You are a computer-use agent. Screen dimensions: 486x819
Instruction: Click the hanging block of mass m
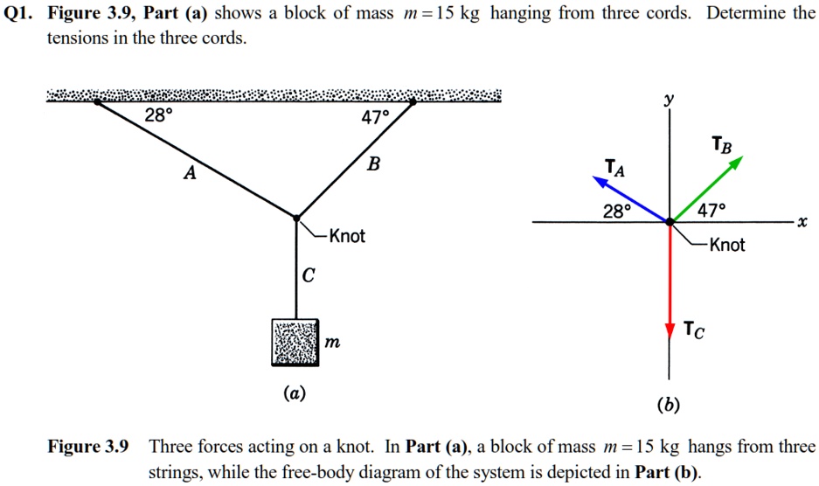pyautogui.click(x=295, y=343)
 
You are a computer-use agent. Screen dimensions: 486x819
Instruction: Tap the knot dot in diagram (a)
pyautogui.click(x=296, y=217)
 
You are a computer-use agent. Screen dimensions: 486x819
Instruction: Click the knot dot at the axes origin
pyautogui.click(x=670, y=223)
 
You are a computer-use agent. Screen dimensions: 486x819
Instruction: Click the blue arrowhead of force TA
pyautogui.click(x=600, y=181)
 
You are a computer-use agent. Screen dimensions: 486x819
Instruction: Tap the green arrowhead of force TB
pyautogui.click(x=737, y=162)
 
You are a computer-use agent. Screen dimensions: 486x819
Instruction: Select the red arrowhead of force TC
pyautogui.click(x=670, y=330)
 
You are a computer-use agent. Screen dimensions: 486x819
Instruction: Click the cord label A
pyautogui.click(x=189, y=174)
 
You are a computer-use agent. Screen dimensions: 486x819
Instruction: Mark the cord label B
pyautogui.click(x=373, y=163)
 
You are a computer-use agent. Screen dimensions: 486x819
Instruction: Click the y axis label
pyautogui.click(x=670, y=101)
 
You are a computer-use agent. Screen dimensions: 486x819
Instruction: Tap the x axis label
pyautogui.click(x=801, y=223)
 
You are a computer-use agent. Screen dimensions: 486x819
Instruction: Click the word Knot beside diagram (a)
pyautogui.click(x=347, y=236)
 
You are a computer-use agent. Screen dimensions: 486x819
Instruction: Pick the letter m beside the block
pyautogui.click(x=331, y=344)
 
